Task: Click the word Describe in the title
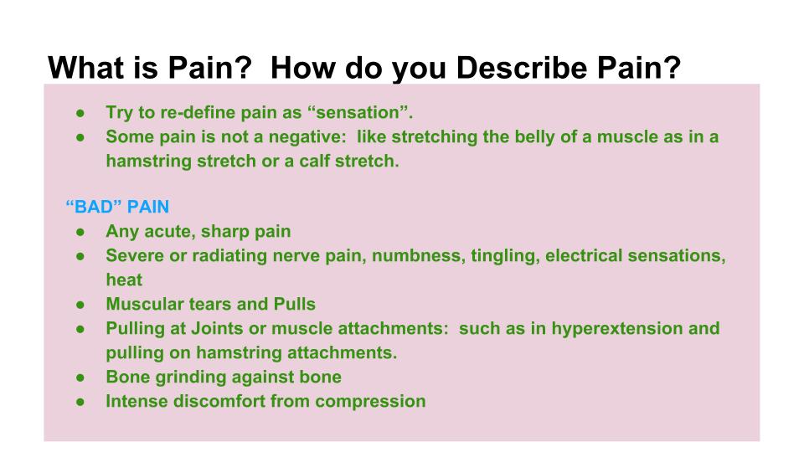click(522, 67)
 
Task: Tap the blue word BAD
click(94, 207)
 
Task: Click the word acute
click(170, 232)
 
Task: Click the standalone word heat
click(124, 280)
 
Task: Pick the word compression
click(370, 401)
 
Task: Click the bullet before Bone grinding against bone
click(80, 378)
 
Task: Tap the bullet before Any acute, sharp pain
click(80, 232)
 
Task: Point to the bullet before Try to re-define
click(80, 113)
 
